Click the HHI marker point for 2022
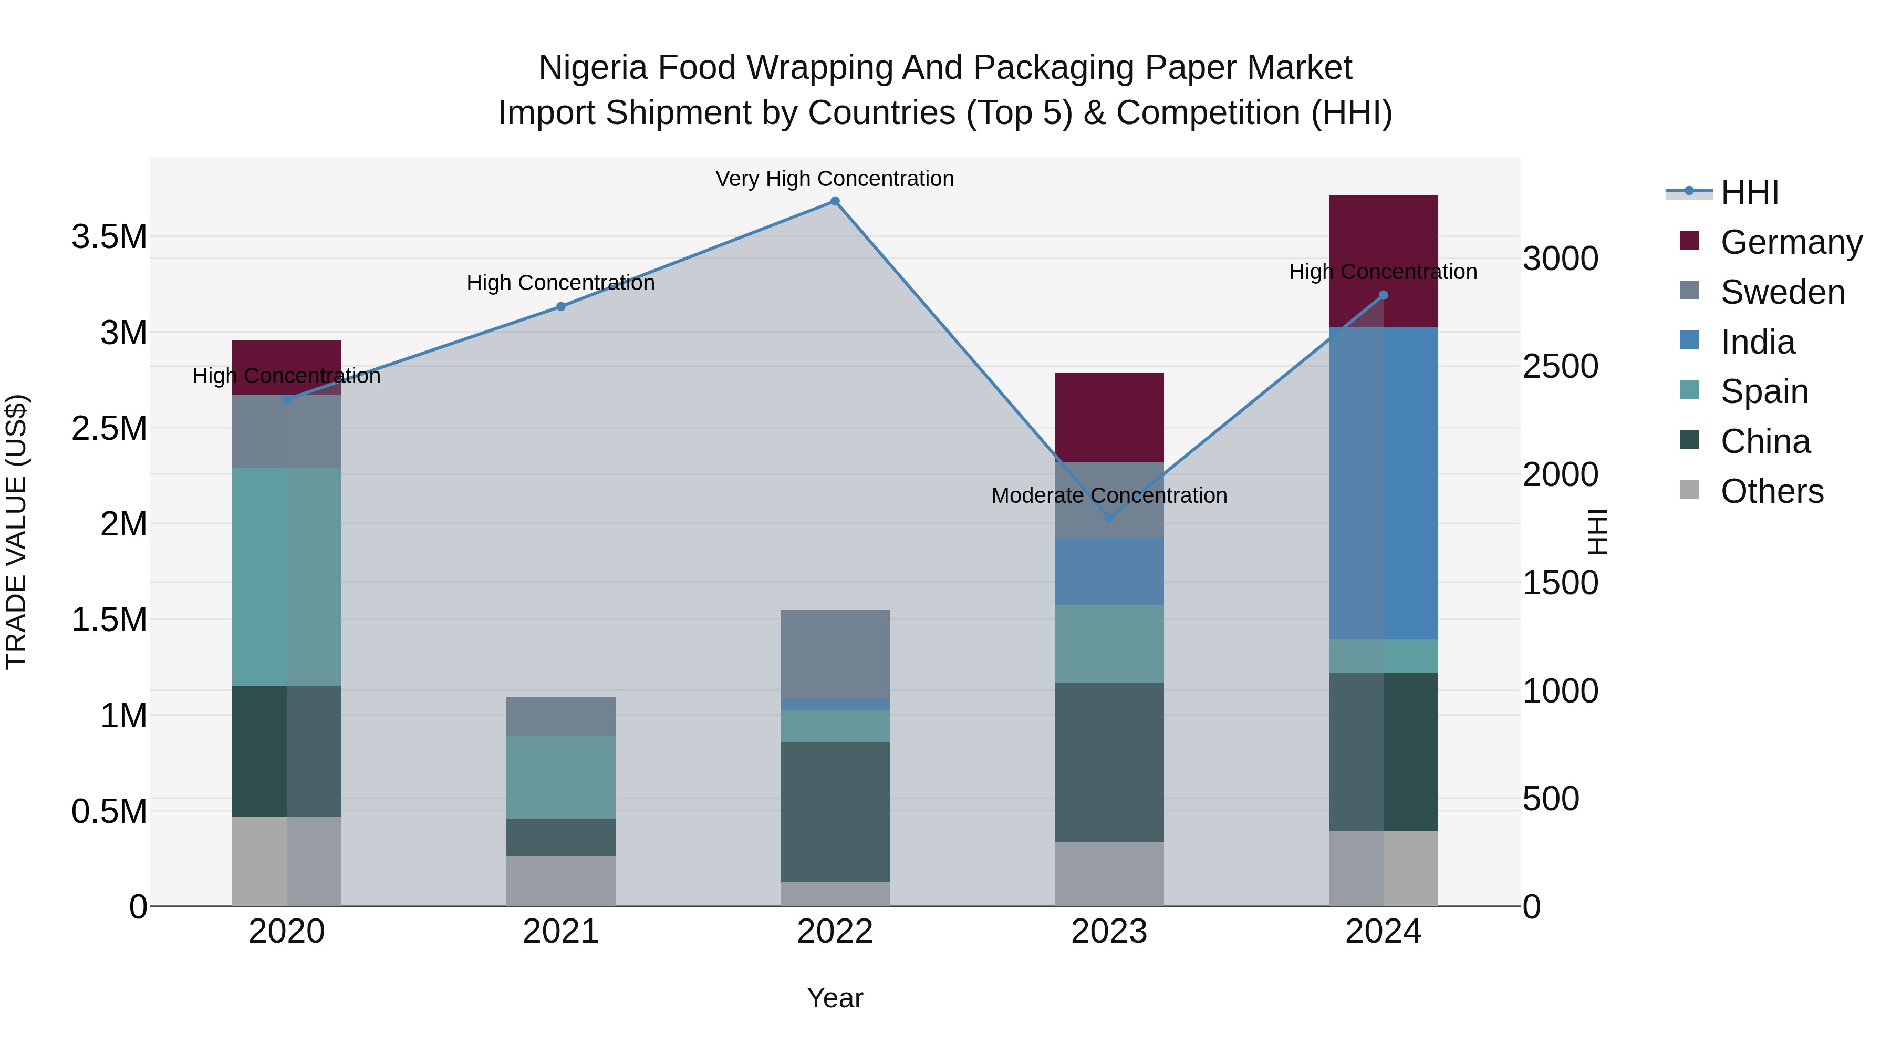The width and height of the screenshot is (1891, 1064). pyautogui.click(x=835, y=201)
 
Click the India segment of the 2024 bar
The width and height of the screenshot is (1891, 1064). pyautogui.click(x=1383, y=483)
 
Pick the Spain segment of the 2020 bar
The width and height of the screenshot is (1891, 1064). pyautogui.click(x=286, y=577)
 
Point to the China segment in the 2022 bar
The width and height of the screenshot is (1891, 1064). pyautogui.click(x=835, y=811)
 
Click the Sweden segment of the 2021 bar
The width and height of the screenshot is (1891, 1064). pyautogui.click(x=561, y=716)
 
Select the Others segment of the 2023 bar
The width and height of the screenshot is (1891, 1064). pyautogui.click(x=1109, y=874)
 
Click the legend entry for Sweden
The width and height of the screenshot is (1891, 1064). pyautogui.click(x=1782, y=292)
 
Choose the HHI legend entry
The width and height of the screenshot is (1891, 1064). pyautogui.click(x=1749, y=192)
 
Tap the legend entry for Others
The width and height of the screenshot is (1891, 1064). pyautogui.click(x=1771, y=491)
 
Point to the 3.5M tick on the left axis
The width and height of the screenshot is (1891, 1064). pyautogui.click(x=109, y=237)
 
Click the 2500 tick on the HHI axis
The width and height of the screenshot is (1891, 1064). pyautogui.click(x=1560, y=366)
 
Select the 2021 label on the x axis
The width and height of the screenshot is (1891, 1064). pyautogui.click(x=561, y=932)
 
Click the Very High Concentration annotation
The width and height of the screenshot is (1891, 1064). pyautogui.click(x=835, y=179)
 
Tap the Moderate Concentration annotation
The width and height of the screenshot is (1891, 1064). pyautogui.click(x=1109, y=495)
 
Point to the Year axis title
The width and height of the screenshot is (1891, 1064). pyautogui.click(x=835, y=998)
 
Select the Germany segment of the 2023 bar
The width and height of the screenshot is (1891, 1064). pyautogui.click(x=1109, y=417)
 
